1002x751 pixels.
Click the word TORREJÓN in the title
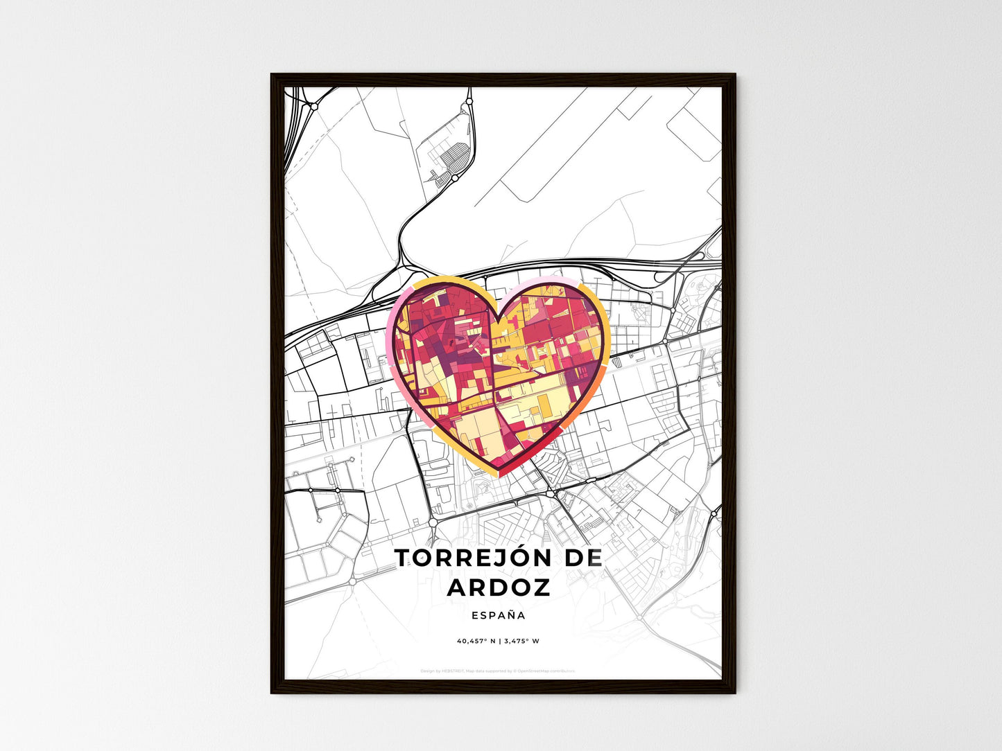[x=472, y=558]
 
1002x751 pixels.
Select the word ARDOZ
[x=499, y=587]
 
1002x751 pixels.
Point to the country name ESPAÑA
[x=498, y=615]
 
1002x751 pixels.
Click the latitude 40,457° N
[x=476, y=641]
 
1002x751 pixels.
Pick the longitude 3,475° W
[x=521, y=641]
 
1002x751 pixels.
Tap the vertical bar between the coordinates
[x=499, y=641]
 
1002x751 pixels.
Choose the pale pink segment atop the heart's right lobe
[x=548, y=281]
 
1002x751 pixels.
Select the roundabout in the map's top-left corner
[x=313, y=107]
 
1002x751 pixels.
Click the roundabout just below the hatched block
[x=454, y=178]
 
